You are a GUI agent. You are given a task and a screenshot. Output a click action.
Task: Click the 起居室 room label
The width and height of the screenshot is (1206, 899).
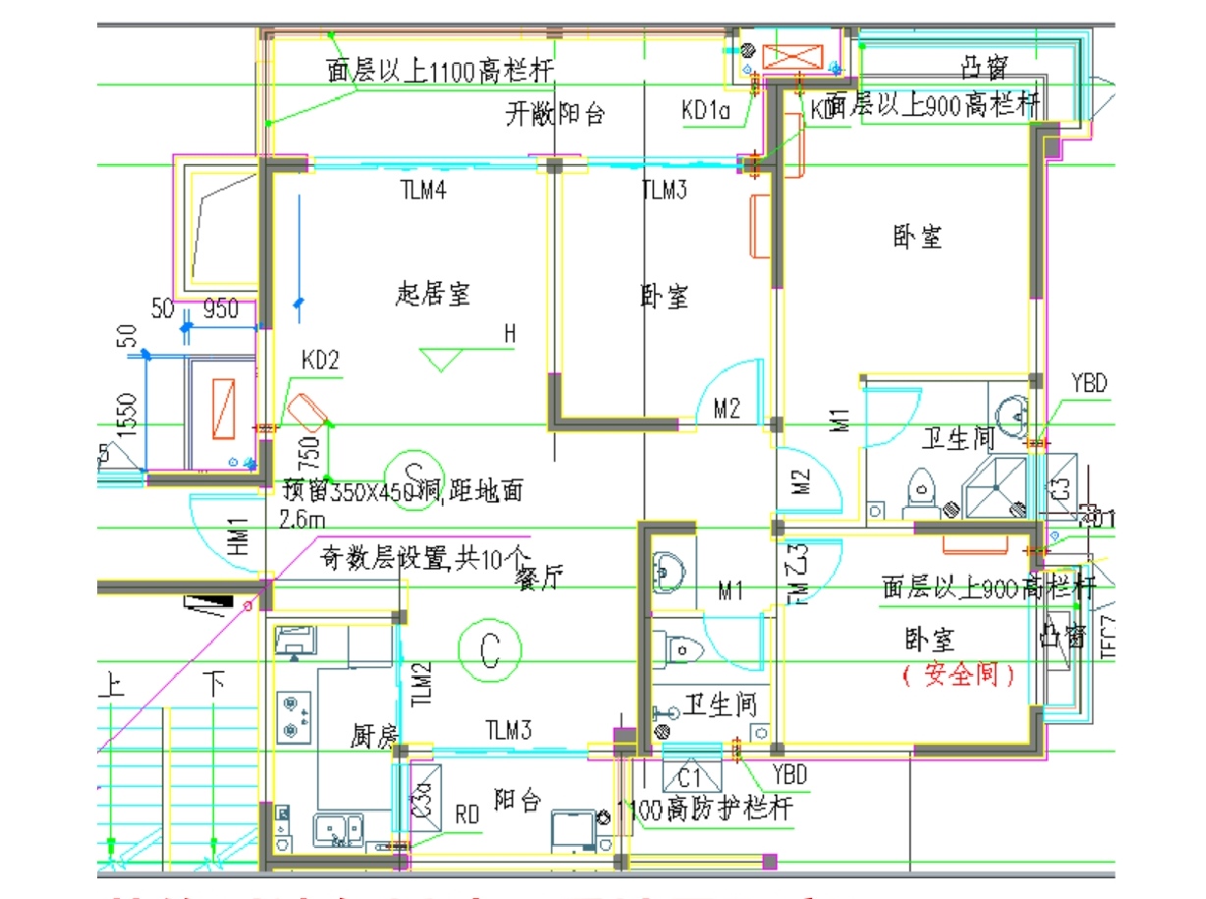coord(432,293)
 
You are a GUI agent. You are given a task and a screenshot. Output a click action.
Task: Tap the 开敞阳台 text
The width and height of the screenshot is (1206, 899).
coord(555,114)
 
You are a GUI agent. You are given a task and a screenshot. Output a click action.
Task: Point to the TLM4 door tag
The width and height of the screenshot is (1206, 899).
coord(423,191)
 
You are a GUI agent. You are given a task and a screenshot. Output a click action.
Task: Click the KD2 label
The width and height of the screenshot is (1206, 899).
coord(320,360)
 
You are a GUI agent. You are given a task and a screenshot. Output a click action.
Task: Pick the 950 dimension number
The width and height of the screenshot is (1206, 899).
coord(220,309)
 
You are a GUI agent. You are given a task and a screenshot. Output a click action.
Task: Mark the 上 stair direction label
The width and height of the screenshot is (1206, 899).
coord(109,685)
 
